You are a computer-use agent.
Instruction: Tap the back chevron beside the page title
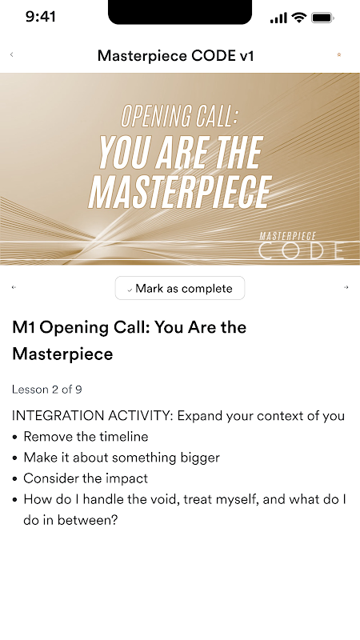[x=11, y=54]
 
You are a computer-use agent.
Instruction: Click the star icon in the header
[x=338, y=54]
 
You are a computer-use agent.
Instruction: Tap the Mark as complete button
[x=180, y=288]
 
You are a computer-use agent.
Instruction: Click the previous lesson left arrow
[x=14, y=287]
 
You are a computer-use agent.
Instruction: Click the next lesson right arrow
[x=346, y=287]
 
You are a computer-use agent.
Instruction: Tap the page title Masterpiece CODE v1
[x=176, y=55]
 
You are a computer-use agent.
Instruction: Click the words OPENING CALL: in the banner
[x=179, y=115]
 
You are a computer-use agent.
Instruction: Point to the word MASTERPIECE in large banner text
[x=180, y=193]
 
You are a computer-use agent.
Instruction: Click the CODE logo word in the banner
[x=302, y=250]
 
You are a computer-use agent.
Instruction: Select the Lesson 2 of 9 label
[x=47, y=390]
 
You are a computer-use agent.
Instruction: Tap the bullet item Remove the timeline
[x=86, y=437]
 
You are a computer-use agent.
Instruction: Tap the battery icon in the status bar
[x=323, y=18]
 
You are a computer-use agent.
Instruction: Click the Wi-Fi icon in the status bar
[x=299, y=18]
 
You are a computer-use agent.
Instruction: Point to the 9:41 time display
[x=41, y=17]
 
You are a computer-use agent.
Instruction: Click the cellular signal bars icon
[x=278, y=18]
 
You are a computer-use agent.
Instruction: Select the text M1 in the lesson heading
[x=24, y=327]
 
